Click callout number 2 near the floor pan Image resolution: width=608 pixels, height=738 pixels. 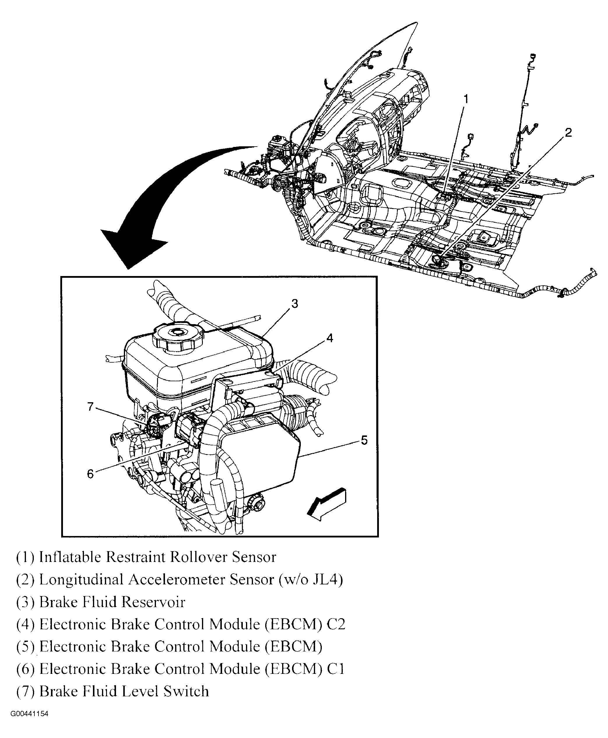pos(568,132)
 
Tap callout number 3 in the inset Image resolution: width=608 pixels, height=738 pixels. pos(295,304)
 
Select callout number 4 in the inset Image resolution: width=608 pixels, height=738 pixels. pos(330,338)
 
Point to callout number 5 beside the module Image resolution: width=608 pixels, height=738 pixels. pos(364,440)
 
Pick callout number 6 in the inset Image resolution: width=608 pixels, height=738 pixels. pos(90,474)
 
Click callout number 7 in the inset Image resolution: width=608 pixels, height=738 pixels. pos(90,407)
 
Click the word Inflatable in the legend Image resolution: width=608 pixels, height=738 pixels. pos(70,557)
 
